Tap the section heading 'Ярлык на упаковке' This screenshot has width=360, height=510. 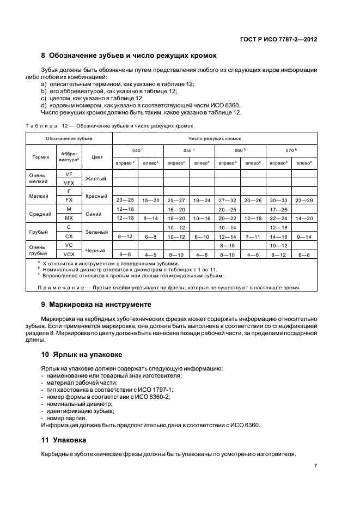82,354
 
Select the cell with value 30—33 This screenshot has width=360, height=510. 278,201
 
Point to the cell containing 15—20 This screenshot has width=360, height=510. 150,201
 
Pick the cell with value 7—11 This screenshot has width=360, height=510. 253,236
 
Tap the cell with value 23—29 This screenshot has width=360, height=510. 304,201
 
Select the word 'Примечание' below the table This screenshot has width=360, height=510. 64,288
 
